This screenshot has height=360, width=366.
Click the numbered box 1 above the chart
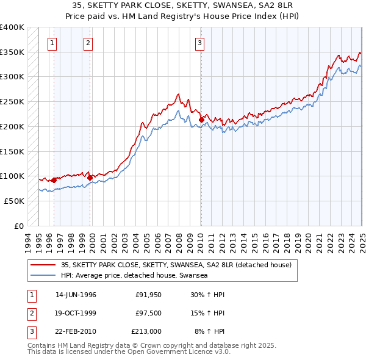pos(52,43)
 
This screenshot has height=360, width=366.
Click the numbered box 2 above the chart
pos(88,43)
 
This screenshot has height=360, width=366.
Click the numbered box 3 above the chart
pos(199,43)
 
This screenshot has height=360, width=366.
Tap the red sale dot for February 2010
pos(201,120)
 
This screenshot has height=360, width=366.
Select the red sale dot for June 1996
pos(54,180)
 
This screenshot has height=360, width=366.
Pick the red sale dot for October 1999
pos(90,178)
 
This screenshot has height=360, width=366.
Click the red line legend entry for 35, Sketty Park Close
pos(177,265)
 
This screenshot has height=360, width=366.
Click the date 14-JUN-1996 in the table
pos(76,295)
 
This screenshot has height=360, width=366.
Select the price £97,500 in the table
pos(148,313)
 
